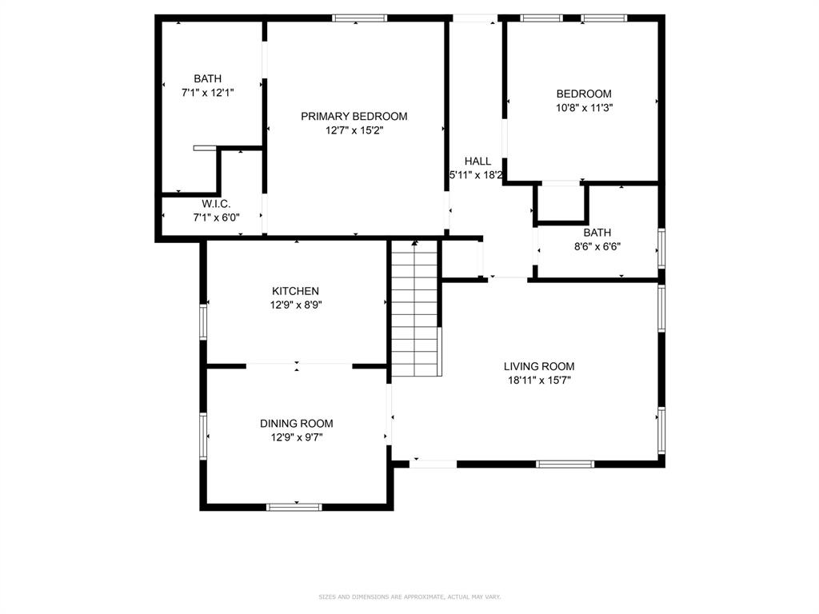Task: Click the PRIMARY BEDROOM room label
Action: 354,117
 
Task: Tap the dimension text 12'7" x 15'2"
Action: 354,130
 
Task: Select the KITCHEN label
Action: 295,291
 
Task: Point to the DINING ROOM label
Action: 296,424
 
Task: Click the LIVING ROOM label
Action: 538,366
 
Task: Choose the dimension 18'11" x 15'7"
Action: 538,380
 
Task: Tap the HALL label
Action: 477,161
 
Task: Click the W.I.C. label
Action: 216,204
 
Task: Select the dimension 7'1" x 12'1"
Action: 207,92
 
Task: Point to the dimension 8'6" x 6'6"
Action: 596,246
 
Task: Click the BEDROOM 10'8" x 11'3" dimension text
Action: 584,107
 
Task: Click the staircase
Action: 415,308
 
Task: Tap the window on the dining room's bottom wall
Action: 294,506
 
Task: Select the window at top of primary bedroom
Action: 359,18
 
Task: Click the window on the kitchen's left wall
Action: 203,322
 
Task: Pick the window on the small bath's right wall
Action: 661,247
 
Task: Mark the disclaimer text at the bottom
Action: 409,596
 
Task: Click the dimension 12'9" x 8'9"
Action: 295,305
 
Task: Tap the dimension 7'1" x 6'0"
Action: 216,217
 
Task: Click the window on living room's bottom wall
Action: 565,464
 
